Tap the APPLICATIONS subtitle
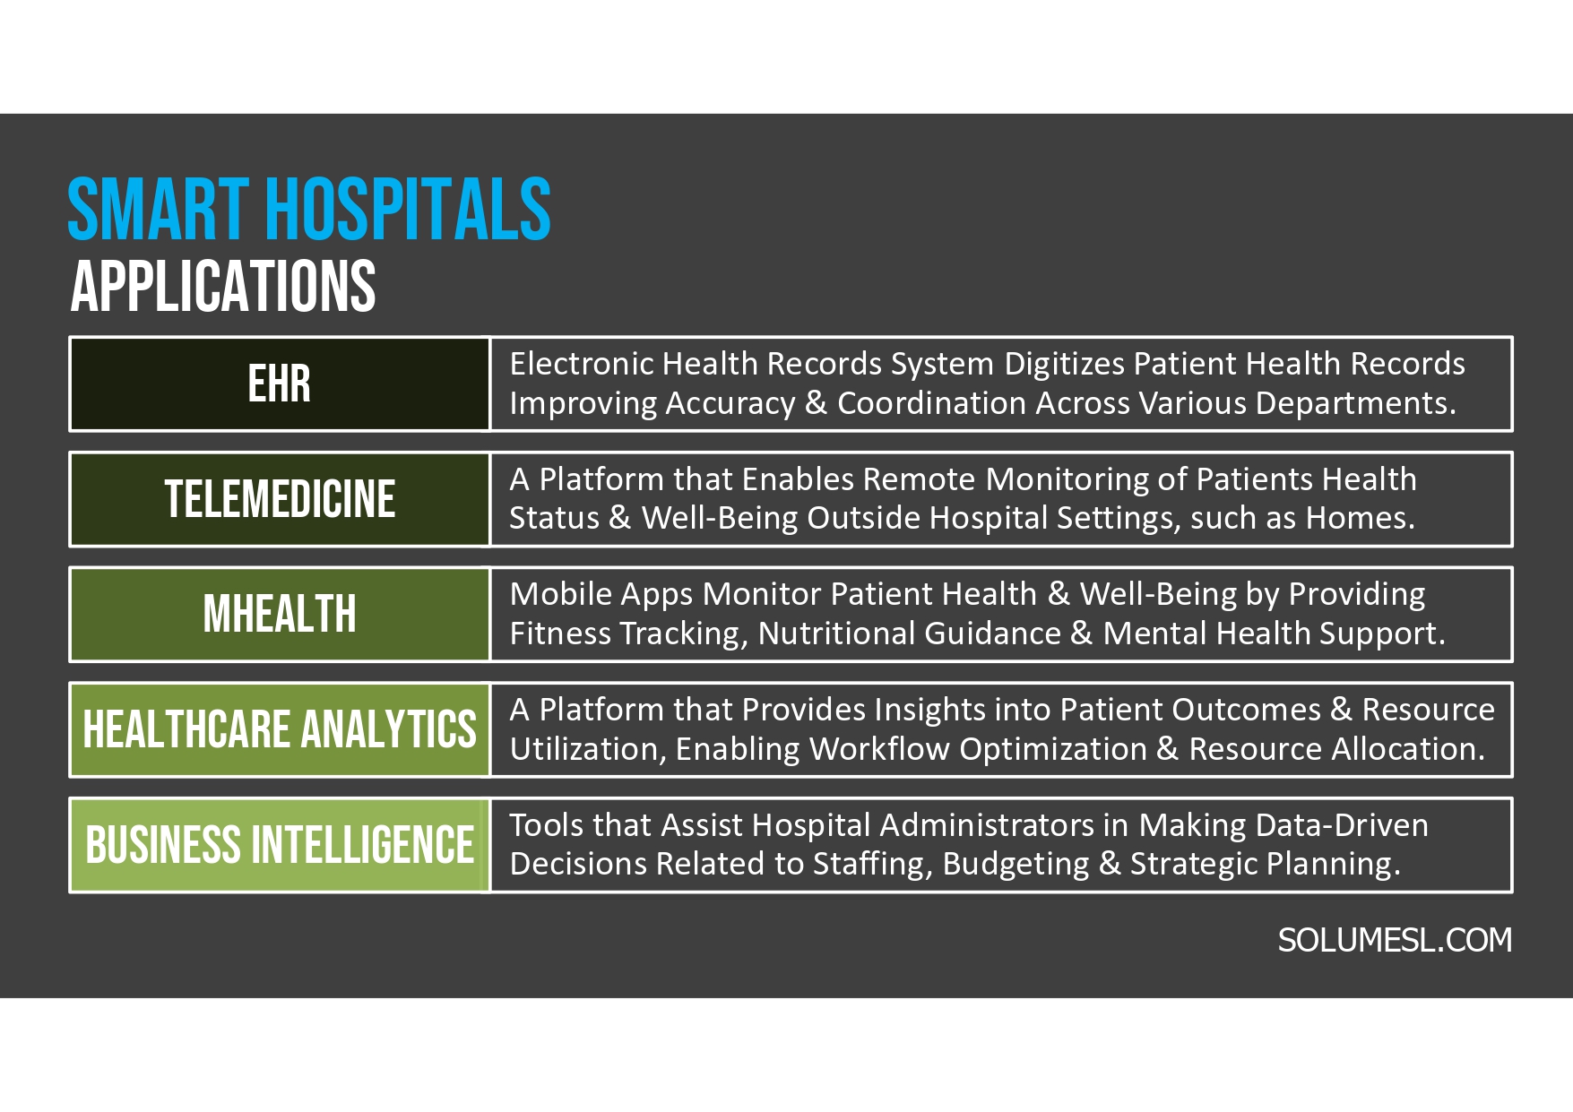222,287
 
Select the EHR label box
280,384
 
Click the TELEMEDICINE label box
280,499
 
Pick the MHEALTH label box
280,615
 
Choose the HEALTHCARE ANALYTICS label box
280,729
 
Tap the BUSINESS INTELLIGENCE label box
280,845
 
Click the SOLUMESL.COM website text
1394,940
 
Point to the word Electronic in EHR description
581,364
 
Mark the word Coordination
930,403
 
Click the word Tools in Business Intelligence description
546,825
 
